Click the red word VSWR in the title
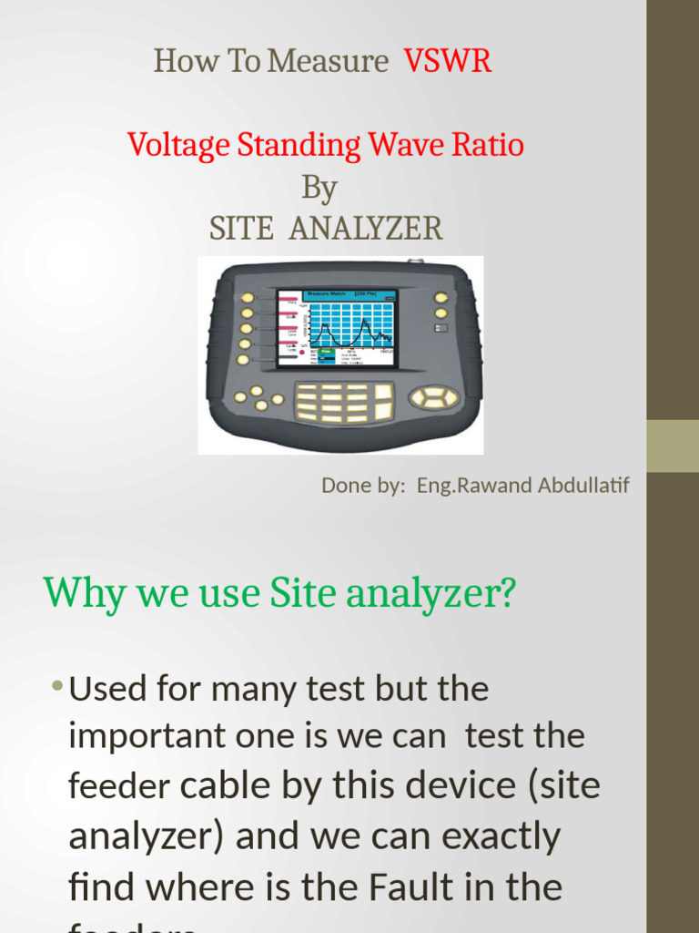[x=448, y=61]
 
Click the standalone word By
[x=319, y=188]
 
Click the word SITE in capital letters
[x=241, y=228]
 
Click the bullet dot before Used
[x=58, y=686]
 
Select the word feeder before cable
[x=123, y=786]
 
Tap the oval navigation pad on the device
[x=434, y=396]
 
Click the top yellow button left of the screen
[x=247, y=298]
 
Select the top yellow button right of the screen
[x=441, y=298]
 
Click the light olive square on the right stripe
[x=673, y=446]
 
